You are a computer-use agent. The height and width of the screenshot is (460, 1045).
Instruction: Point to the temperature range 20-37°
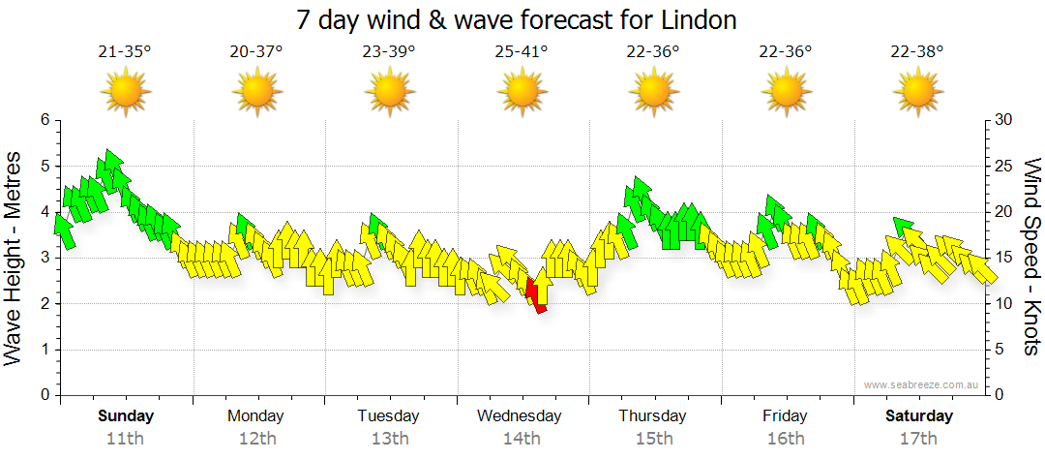(x=256, y=51)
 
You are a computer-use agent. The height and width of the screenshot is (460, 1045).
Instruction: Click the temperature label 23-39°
(x=389, y=51)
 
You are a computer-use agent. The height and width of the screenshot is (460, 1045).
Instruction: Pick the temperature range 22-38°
(x=917, y=51)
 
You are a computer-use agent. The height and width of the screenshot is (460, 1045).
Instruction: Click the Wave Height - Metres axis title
(x=15, y=258)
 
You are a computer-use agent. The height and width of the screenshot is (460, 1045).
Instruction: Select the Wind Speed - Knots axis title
(x=1031, y=258)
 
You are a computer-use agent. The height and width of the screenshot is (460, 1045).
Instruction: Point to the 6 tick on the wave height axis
(x=44, y=120)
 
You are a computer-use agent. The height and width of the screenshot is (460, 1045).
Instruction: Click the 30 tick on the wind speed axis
(x=1004, y=120)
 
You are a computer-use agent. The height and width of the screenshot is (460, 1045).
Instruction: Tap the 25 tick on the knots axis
(x=1004, y=167)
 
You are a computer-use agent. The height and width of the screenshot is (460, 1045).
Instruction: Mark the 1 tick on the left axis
(x=44, y=350)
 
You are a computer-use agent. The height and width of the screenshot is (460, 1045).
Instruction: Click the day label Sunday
(x=126, y=416)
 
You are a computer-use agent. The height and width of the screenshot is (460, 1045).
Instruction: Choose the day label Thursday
(x=653, y=416)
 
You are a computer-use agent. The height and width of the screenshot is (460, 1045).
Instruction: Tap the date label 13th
(x=389, y=439)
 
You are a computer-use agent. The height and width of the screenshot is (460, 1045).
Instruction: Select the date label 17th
(x=918, y=439)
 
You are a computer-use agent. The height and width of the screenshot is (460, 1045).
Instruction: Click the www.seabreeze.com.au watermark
(x=923, y=384)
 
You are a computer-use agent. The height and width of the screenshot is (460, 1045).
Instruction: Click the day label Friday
(x=785, y=416)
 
